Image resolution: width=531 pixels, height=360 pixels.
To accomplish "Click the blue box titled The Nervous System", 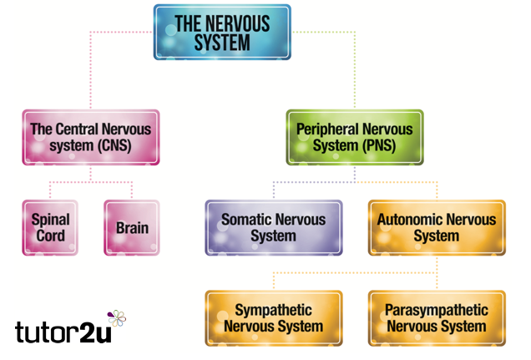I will pos(222,32).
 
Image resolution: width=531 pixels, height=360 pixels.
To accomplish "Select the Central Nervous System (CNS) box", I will pos(90,137).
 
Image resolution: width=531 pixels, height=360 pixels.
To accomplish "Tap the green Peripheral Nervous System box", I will pos(355,137).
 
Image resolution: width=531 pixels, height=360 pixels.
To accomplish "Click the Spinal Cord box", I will pos(51,227).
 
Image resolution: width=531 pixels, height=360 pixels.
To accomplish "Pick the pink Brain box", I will pos(132,227).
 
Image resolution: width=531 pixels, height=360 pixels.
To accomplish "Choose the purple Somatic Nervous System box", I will pos(273,227).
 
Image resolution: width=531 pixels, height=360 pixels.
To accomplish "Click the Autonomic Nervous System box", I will pos(436,227).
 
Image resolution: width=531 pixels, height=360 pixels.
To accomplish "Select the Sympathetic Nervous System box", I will pos(273,317).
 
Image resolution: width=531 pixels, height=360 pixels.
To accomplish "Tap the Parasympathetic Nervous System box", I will pos(436,317).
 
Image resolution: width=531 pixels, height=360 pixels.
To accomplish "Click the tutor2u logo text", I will pos(63,332).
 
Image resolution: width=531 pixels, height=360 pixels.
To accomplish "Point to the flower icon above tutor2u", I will pos(118,318).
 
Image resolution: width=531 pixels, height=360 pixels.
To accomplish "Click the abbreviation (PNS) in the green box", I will pos(381,145).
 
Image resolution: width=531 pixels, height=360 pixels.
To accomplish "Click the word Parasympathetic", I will pos(436,310).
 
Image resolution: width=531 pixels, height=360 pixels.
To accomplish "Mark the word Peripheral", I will pos(331,129).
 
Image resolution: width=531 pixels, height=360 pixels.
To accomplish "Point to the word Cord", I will pos(51,236).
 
